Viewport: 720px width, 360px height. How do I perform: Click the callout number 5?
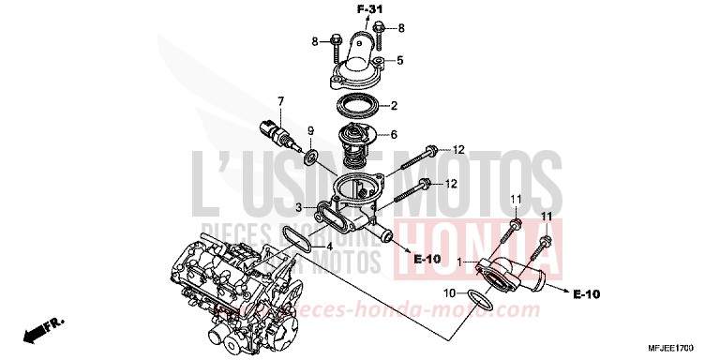point(399,61)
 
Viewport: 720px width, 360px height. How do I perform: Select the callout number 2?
point(395,105)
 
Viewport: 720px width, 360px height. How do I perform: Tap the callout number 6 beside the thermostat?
point(394,134)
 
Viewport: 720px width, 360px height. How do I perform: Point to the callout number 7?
point(278,100)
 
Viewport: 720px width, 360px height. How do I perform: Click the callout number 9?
point(311,130)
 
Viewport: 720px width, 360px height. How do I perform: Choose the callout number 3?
point(298,206)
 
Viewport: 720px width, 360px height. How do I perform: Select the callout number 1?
point(457,259)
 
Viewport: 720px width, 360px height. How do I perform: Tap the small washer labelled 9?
point(311,149)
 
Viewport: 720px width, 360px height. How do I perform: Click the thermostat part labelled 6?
point(355,139)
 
